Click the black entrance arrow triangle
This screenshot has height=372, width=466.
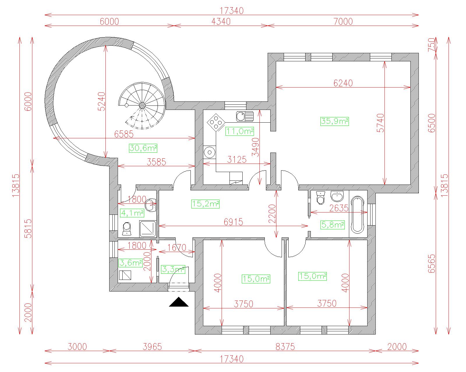pyautogui.click(x=179, y=303)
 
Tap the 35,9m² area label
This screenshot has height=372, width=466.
pyautogui.click(x=335, y=121)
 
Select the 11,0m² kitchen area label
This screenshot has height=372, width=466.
pyautogui.click(x=239, y=131)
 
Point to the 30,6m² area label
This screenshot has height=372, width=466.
pyautogui.click(x=143, y=148)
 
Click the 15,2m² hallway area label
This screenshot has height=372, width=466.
pyautogui.click(x=205, y=204)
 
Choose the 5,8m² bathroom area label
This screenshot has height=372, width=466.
pyautogui.click(x=333, y=225)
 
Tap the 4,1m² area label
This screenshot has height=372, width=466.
pyautogui.click(x=132, y=213)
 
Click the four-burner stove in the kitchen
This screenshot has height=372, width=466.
pyautogui.click(x=216, y=123)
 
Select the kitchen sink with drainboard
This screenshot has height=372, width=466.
pyautogui.click(x=245, y=116)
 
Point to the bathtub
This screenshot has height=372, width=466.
pyautogui.click(x=357, y=214)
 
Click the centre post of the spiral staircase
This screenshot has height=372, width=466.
pyautogui.click(x=142, y=105)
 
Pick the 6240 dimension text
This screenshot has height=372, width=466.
pyautogui.click(x=343, y=83)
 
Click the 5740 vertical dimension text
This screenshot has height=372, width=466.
pyautogui.click(x=380, y=123)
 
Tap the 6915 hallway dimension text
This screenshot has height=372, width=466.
pyautogui.click(x=233, y=222)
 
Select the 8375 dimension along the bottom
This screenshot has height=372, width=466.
pyautogui.click(x=285, y=347)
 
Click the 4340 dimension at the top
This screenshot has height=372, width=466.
pyautogui.click(x=221, y=22)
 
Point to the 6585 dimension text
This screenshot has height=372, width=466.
pyautogui.click(x=124, y=134)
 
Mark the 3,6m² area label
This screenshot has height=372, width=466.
pyautogui.click(x=130, y=263)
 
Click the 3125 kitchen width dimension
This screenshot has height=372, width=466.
pyautogui.click(x=237, y=160)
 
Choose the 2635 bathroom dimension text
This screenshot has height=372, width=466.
pyautogui.click(x=339, y=208)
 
